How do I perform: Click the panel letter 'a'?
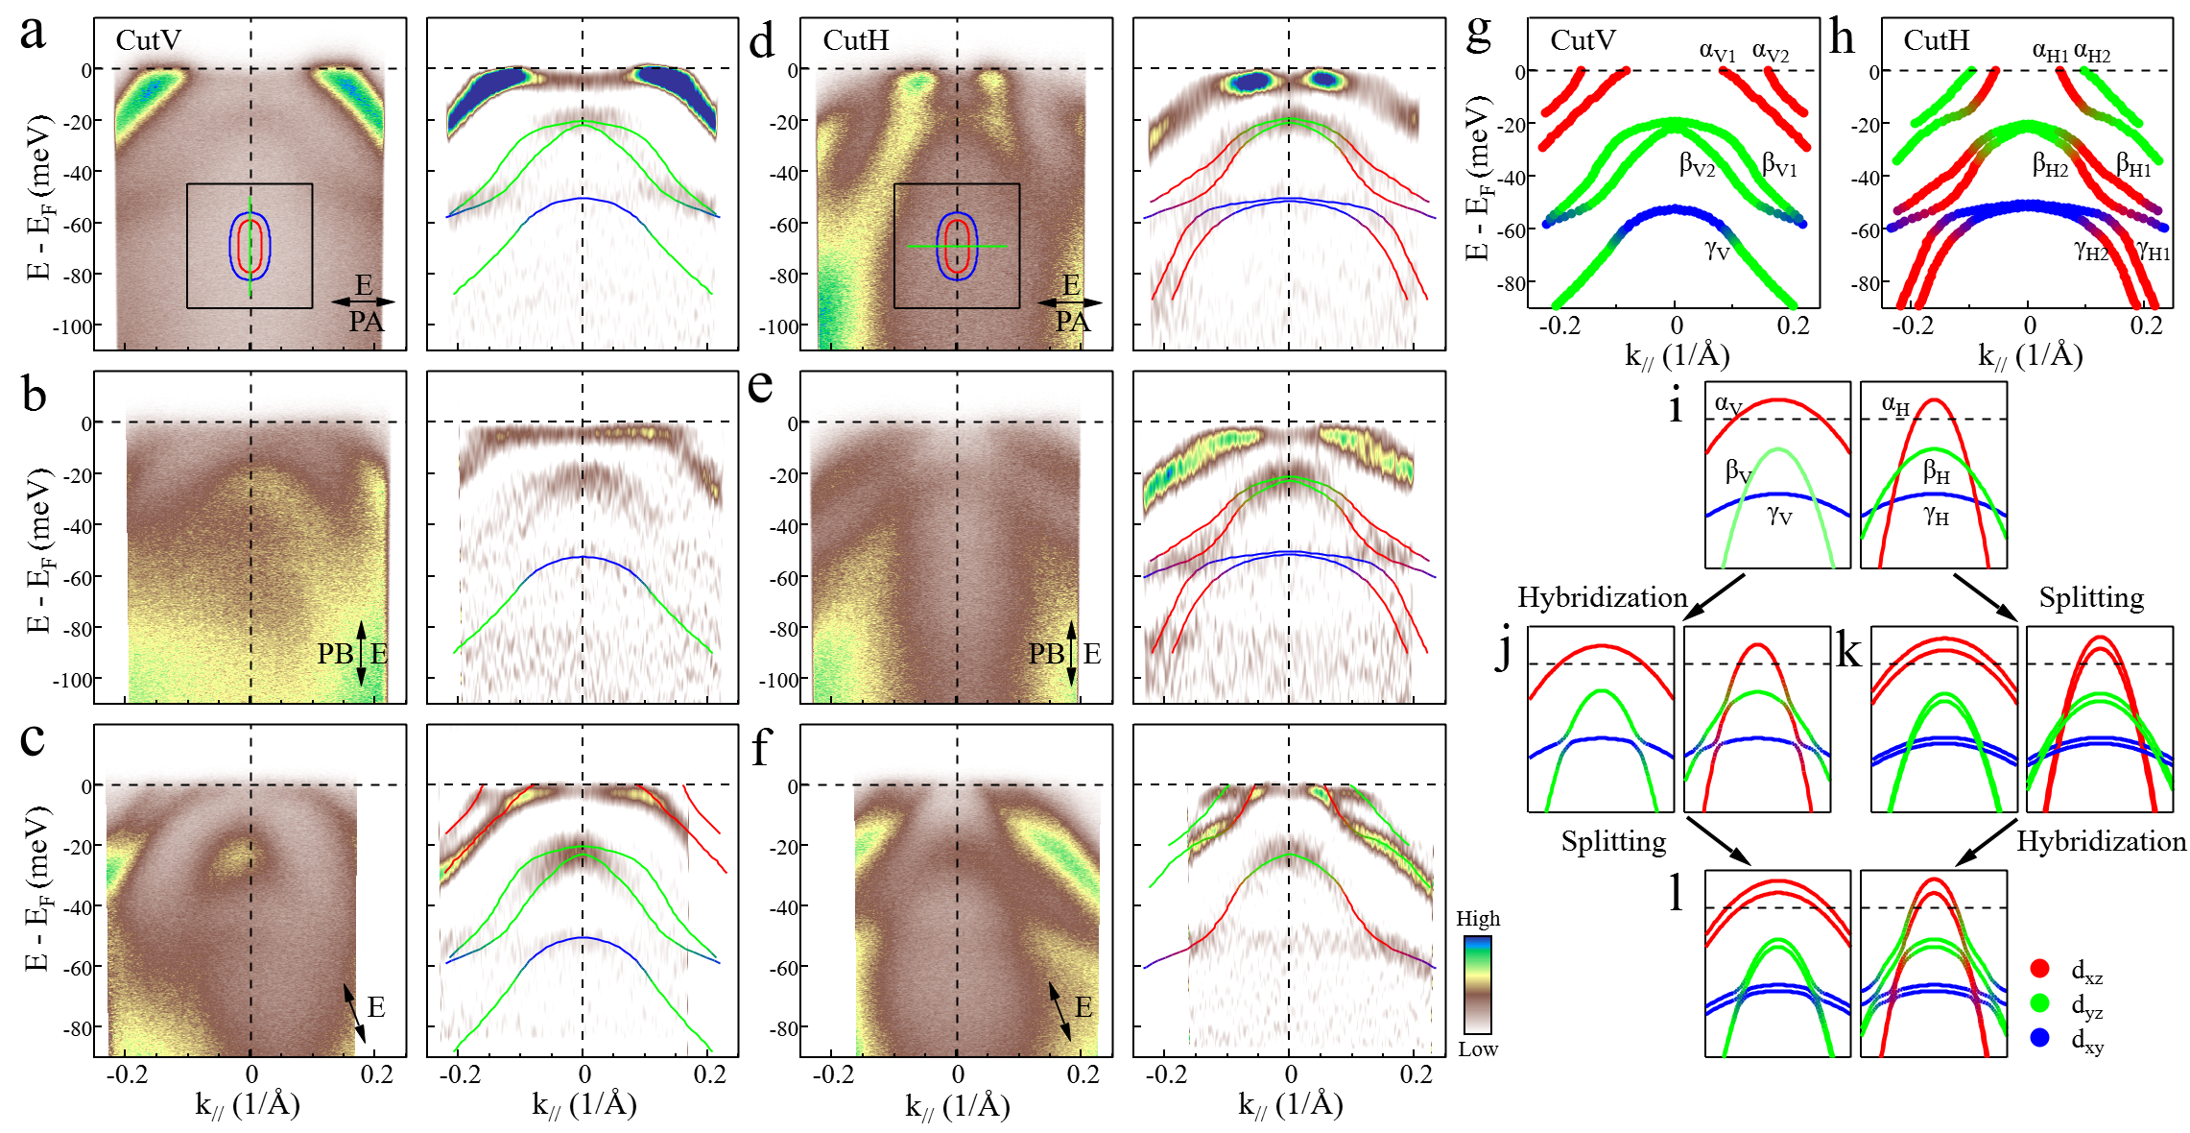click(x=33, y=35)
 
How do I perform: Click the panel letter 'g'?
click(x=1479, y=35)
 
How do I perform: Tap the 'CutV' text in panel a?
click(x=149, y=40)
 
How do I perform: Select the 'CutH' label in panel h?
click(x=1937, y=40)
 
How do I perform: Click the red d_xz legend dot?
click(x=2040, y=969)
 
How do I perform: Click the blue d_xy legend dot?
click(x=2040, y=1038)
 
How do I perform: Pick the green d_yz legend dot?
click(x=2040, y=1003)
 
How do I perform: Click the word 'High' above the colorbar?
click(x=1478, y=919)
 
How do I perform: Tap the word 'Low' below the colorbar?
click(x=1478, y=1049)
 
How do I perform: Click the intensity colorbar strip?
click(x=1478, y=984)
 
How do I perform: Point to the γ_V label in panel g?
click(x=1717, y=251)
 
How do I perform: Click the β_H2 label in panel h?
click(x=2050, y=165)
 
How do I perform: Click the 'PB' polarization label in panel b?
click(x=336, y=654)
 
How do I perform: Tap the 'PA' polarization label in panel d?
click(x=1072, y=322)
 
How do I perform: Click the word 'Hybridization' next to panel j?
click(x=1602, y=597)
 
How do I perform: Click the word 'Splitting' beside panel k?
click(x=2091, y=597)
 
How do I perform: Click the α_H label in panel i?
click(x=1895, y=405)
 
